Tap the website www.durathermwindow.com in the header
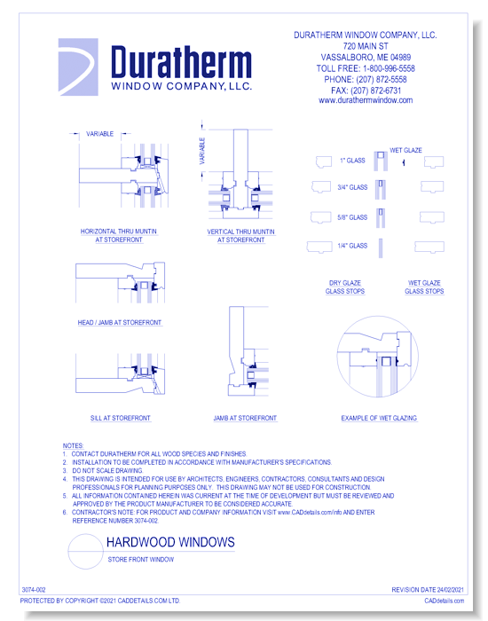pos(365,101)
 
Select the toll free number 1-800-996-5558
pos(365,68)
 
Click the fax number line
pos(365,90)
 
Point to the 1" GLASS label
pos(352,161)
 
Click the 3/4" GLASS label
pos(352,188)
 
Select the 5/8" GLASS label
pos(352,217)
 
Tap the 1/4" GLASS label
pos(352,246)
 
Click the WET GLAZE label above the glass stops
pos(406,151)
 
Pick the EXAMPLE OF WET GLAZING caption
pos(379,418)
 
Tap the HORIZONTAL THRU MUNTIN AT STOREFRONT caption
pos(118,235)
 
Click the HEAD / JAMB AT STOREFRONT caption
pos(118,323)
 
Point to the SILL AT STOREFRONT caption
pos(118,418)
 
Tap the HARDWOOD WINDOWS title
pos(170,542)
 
